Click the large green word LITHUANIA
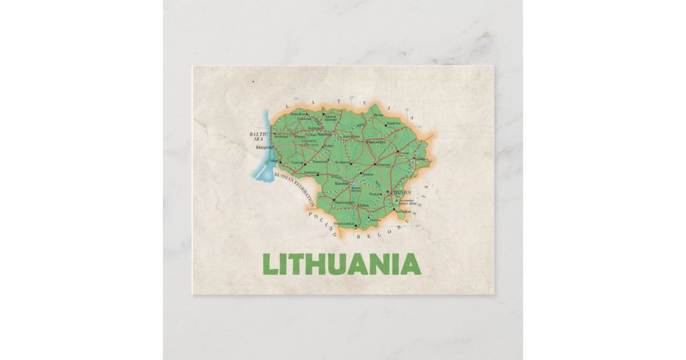point(341,264)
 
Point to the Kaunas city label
point(342,183)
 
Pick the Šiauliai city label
point(325,134)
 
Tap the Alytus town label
point(363,205)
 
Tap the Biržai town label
point(378,115)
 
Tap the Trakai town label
point(374,194)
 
